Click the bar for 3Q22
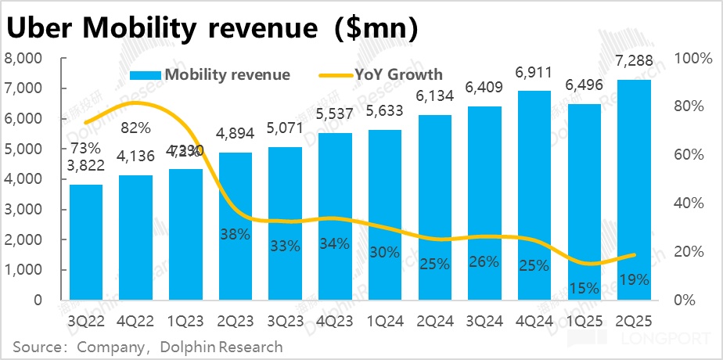click(x=85, y=242)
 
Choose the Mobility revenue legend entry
click(x=226, y=74)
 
